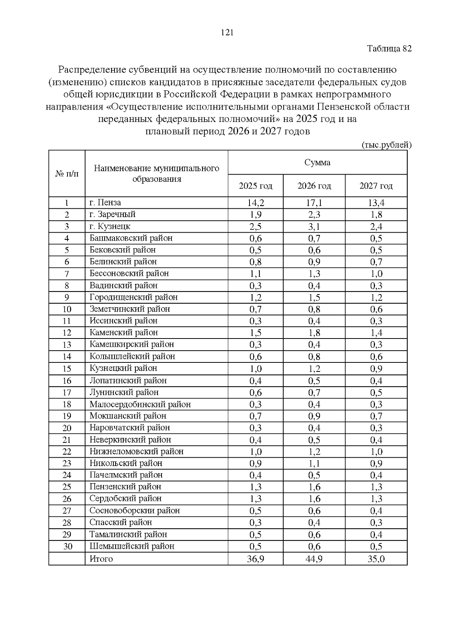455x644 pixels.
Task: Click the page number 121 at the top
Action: click(227, 33)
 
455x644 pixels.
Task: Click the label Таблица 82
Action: click(389, 49)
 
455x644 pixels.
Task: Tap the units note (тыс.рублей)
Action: click(386, 145)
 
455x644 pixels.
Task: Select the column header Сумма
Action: click(317, 162)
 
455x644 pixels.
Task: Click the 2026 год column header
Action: click(314, 186)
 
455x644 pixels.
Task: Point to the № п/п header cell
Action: click(67, 173)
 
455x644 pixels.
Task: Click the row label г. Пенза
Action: click(105, 203)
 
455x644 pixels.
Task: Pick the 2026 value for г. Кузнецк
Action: click(314, 227)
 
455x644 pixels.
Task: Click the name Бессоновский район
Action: click(129, 273)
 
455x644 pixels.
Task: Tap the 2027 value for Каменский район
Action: click(376, 333)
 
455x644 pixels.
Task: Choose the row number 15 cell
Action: click(67, 368)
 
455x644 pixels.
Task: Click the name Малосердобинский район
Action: click(140, 404)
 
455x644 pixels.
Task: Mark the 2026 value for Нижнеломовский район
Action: click(314, 452)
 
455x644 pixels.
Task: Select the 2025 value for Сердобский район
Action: click(256, 499)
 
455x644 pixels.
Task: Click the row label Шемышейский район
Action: click(132, 546)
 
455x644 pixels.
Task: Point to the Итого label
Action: click(101, 559)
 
